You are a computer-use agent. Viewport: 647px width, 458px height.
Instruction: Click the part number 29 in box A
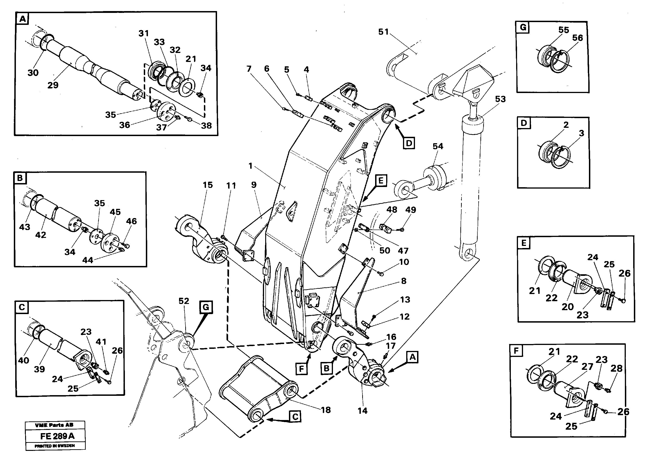(x=53, y=85)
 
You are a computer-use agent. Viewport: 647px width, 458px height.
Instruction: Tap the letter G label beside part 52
(x=206, y=307)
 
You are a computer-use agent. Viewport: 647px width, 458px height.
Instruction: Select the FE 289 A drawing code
(x=57, y=436)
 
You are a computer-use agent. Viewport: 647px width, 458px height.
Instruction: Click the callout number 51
(x=383, y=32)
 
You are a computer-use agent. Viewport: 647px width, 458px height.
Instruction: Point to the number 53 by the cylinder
(x=500, y=99)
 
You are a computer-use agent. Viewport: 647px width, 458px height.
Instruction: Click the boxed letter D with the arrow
(x=409, y=143)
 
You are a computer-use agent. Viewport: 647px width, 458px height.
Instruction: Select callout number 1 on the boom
(x=250, y=166)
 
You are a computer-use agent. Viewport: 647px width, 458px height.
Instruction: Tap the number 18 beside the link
(x=326, y=410)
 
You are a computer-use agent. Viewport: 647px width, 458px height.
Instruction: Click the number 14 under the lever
(x=363, y=411)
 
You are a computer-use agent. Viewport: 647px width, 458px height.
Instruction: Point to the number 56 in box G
(x=577, y=38)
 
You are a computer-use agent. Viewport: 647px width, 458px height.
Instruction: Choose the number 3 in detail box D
(x=581, y=133)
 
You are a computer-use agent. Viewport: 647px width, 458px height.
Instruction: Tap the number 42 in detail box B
(x=41, y=235)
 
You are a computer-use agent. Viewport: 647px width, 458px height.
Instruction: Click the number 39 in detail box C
(x=39, y=369)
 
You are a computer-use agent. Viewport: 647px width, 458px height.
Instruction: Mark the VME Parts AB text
(x=54, y=425)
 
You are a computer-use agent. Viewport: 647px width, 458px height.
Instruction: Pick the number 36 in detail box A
(x=124, y=125)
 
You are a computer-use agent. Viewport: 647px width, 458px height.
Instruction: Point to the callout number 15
(x=208, y=185)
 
